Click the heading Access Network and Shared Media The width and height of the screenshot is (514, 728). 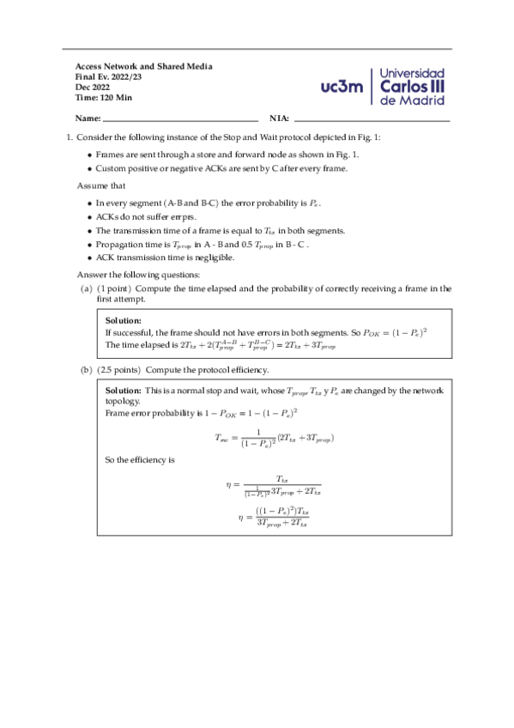click(144, 66)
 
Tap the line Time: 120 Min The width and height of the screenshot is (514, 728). click(104, 97)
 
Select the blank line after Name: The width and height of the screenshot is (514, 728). click(180, 119)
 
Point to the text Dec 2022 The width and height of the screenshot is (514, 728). click(93, 87)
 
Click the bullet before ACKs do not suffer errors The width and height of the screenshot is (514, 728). click(90, 217)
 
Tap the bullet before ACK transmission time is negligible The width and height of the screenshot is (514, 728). click(90, 257)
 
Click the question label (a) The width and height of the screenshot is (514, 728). click(86, 289)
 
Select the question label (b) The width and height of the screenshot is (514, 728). click(86, 370)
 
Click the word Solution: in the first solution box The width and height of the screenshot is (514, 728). click(123, 321)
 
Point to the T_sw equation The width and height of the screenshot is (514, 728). click(274, 438)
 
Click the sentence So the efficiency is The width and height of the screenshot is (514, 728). click(140, 460)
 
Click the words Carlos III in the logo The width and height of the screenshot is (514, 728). click(413, 87)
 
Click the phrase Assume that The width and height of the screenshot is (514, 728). click(101, 185)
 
